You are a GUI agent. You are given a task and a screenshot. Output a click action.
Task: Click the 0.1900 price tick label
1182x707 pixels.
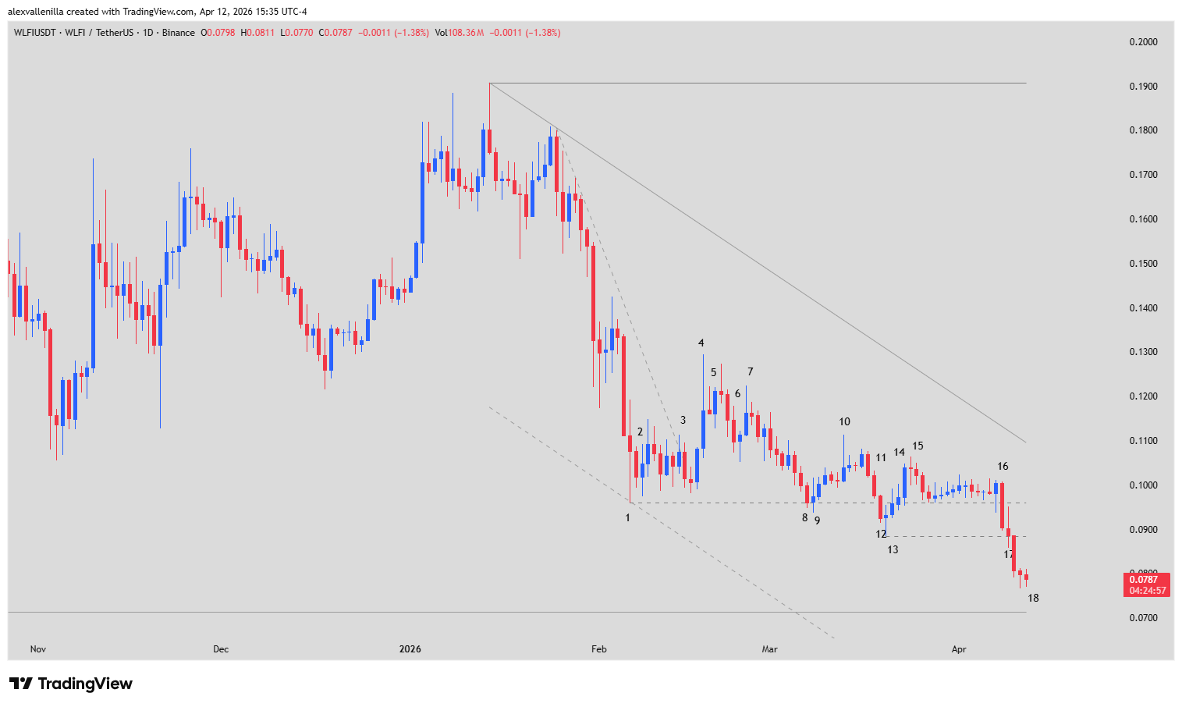pos(1143,87)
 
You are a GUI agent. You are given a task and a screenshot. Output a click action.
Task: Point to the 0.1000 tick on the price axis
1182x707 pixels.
pos(1143,485)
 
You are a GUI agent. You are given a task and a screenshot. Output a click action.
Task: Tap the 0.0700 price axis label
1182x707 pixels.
pos(1143,618)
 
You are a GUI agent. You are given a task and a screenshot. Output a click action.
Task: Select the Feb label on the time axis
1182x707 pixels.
pos(598,649)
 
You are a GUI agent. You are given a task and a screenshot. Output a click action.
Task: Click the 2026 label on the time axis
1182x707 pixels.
pos(410,649)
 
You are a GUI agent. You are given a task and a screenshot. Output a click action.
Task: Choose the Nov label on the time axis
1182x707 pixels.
pos(38,649)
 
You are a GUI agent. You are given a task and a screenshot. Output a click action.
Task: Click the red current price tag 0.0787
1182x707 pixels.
pos(1146,580)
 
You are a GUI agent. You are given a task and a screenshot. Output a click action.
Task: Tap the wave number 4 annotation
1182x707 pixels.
pos(701,343)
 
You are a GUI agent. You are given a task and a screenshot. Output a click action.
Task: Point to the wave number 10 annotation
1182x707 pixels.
pos(844,422)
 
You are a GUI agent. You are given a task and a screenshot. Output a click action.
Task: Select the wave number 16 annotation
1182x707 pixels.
pos(1003,467)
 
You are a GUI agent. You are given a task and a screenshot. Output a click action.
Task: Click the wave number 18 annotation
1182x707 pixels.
pos(1033,599)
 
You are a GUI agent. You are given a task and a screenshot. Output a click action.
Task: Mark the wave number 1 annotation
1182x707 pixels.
pos(627,518)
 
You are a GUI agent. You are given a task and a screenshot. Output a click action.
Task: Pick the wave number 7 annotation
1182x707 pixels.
pos(750,372)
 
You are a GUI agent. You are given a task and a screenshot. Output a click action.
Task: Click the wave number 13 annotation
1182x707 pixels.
pos(893,550)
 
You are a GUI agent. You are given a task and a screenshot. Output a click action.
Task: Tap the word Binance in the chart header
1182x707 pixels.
pos(179,33)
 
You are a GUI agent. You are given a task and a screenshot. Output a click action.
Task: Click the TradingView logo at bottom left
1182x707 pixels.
pos(71,684)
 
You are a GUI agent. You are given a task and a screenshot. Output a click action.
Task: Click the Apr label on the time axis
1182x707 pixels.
pos(959,649)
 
